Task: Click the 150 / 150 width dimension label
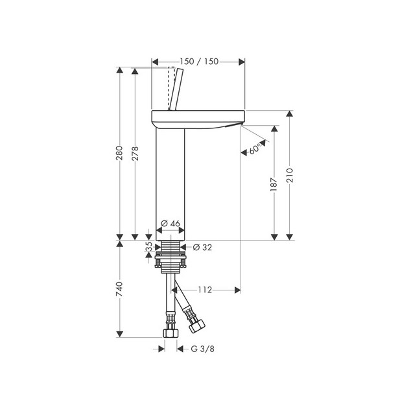199,62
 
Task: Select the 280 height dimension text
119,153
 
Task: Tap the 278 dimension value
135,154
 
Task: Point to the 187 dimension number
274,184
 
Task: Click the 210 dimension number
289,176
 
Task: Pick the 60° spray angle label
255,149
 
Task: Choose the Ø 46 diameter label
170,223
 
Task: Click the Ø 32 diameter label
202,247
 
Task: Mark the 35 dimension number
148,246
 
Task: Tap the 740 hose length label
119,289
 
